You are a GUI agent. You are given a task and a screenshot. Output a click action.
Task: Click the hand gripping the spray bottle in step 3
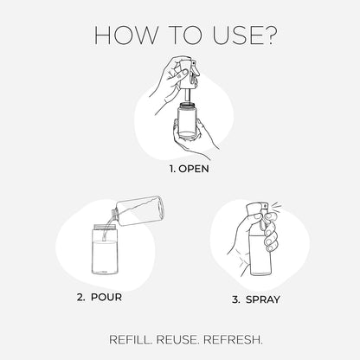tap(248, 247)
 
